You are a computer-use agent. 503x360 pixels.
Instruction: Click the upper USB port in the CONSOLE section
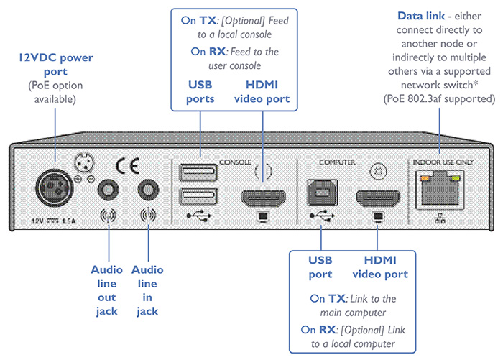pyautogui.click(x=198, y=171)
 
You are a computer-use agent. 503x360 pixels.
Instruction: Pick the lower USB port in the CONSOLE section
pyautogui.click(x=198, y=195)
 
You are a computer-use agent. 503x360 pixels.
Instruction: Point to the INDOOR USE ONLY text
pyautogui.click(x=442, y=162)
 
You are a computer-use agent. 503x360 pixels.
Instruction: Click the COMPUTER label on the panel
pyautogui.click(x=337, y=162)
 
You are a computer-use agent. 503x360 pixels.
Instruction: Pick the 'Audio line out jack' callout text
pyautogui.click(x=107, y=290)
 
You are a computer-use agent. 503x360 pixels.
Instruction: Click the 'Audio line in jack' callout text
pyautogui.click(x=149, y=290)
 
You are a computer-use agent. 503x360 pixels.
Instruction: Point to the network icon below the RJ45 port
pyautogui.click(x=440, y=218)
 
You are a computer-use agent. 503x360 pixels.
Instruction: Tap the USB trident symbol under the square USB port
pyautogui.click(x=318, y=214)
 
